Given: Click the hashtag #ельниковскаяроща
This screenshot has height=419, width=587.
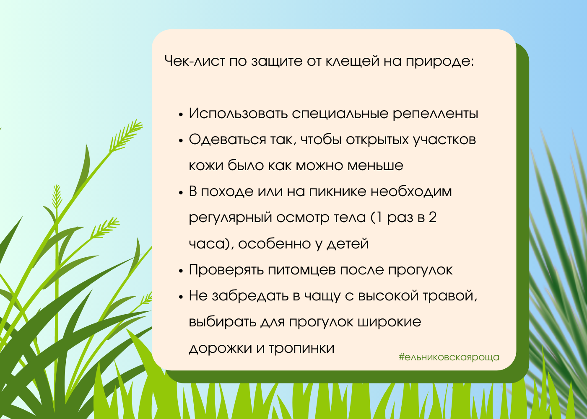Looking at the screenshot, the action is point(449,357).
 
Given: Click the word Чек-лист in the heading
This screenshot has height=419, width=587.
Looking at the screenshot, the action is point(195,61).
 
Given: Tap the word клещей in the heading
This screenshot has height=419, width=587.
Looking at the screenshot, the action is point(353,62).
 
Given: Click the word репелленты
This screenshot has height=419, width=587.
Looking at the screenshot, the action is point(436,114).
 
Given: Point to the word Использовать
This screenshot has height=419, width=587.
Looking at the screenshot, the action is point(238,113).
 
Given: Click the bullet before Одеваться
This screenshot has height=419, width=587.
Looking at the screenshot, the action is point(181,141).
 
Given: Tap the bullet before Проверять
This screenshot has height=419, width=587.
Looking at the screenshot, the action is point(181,271).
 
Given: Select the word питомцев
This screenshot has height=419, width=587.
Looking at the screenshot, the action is point(302,270).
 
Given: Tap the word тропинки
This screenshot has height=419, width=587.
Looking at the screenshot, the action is point(301,349).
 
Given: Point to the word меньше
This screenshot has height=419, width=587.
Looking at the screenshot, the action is point(375,166).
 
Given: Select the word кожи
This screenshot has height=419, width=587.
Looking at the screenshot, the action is point(206,166).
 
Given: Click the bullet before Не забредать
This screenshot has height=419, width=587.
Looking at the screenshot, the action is point(181,297).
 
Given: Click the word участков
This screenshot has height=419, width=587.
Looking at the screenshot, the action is point(444,140).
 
